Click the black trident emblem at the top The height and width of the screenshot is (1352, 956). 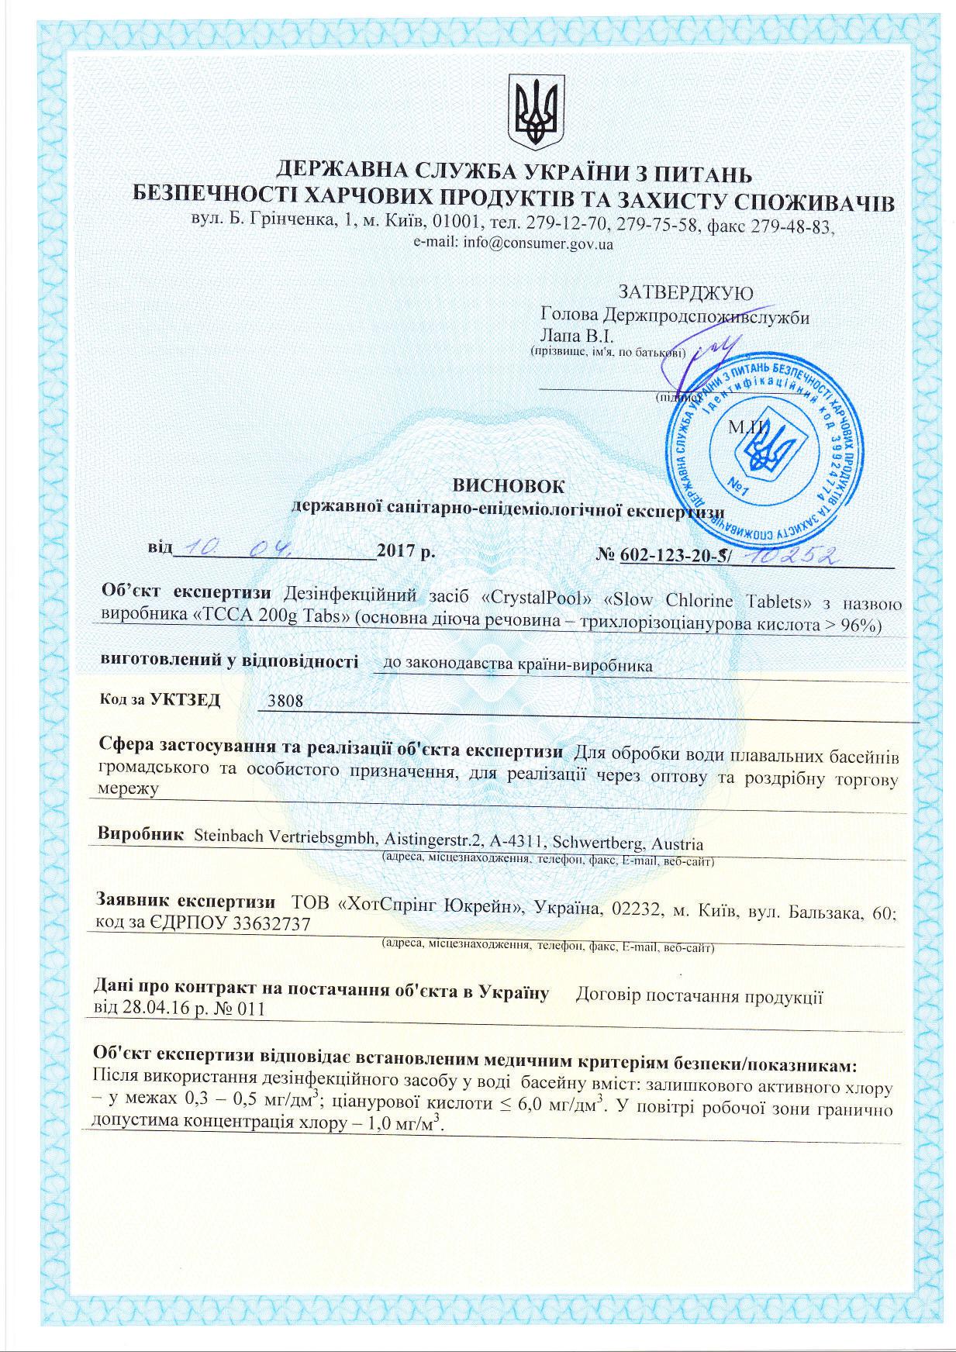(x=533, y=112)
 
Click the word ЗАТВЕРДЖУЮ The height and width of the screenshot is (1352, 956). (x=685, y=292)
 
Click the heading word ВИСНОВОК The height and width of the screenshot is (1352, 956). (x=509, y=485)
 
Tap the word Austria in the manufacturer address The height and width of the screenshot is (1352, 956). (x=678, y=843)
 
